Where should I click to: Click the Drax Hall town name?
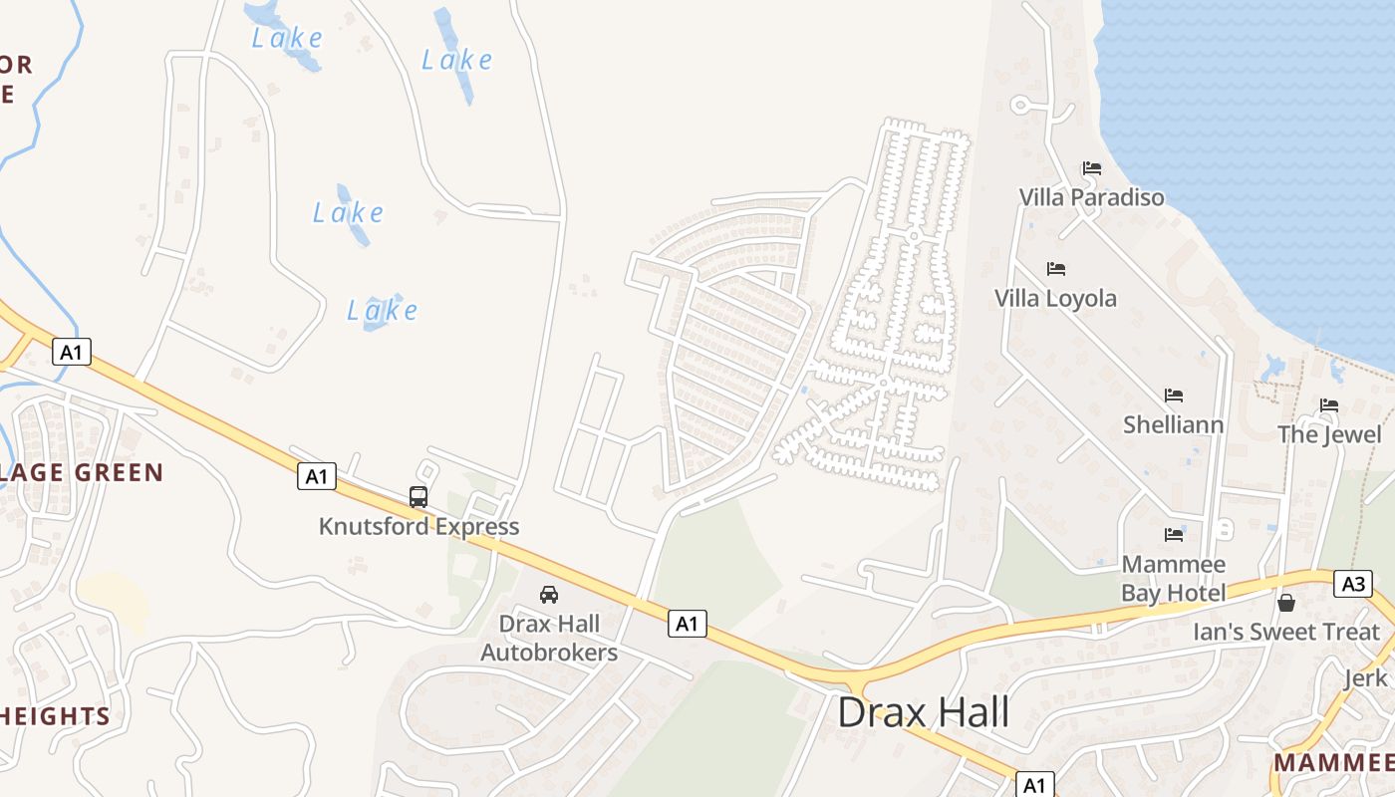tap(923, 713)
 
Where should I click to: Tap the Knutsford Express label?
tap(418, 526)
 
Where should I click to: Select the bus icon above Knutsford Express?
tap(418, 496)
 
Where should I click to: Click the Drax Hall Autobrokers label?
tap(549, 639)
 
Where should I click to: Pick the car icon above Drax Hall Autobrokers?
tap(548, 595)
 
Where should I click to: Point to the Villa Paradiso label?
tap(1091, 197)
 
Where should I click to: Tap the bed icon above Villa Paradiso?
tap(1092, 168)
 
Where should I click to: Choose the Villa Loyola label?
tap(1055, 298)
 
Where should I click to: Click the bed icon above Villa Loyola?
tap(1056, 269)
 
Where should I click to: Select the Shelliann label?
tap(1173, 424)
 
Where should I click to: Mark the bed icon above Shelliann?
tap(1174, 396)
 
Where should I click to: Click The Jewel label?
tap(1329, 434)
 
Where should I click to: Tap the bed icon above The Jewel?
tap(1329, 405)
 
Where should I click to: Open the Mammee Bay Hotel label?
tap(1173, 579)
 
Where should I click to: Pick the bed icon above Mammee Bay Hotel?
tap(1174, 535)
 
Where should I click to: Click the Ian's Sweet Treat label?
tap(1285, 632)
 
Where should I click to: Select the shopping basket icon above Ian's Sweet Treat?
tap(1286, 603)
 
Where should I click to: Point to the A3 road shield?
tap(1354, 584)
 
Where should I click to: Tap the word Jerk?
tap(1365, 678)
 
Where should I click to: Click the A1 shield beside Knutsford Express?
tap(316, 476)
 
